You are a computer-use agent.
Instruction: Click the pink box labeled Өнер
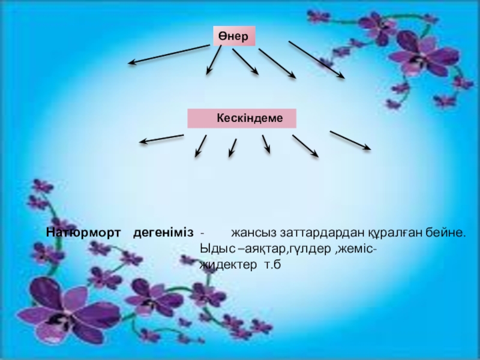click(x=235, y=37)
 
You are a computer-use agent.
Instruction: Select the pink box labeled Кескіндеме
click(x=242, y=118)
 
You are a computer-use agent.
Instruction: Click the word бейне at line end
click(x=446, y=232)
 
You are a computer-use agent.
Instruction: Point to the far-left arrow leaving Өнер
click(x=169, y=55)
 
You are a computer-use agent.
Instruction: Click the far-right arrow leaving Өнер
click(x=316, y=59)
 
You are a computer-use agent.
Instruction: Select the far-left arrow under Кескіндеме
click(x=161, y=139)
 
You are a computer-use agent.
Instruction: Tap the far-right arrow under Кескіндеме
click(x=350, y=140)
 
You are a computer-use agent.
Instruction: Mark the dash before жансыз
click(x=202, y=232)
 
